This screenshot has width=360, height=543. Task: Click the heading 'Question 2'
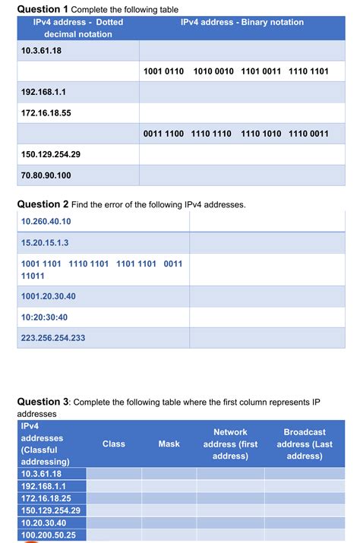click(43, 204)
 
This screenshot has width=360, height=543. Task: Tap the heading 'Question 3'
click(43, 401)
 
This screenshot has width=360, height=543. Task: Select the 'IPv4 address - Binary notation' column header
click(242, 23)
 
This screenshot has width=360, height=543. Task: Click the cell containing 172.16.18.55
click(46, 112)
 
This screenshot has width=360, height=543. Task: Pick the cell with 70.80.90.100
click(46, 175)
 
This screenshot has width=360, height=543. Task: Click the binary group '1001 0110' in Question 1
click(163, 71)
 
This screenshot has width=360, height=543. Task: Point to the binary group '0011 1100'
click(163, 134)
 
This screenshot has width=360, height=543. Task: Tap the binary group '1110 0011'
click(308, 134)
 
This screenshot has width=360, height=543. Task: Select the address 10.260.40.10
click(46, 221)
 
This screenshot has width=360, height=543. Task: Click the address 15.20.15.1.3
click(46, 243)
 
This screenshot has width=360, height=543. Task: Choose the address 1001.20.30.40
click(49, 295)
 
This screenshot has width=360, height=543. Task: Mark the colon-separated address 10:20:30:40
click(45, 317)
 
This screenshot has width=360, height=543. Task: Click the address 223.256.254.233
click(53, 338)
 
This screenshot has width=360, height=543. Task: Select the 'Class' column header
click(114, 444)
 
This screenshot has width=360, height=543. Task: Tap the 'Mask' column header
click(169, 444)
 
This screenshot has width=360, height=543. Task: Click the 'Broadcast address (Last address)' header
click(305, 444)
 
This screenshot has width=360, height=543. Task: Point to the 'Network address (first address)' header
click(230, 444)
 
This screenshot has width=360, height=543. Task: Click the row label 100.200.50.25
click(49, 535)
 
